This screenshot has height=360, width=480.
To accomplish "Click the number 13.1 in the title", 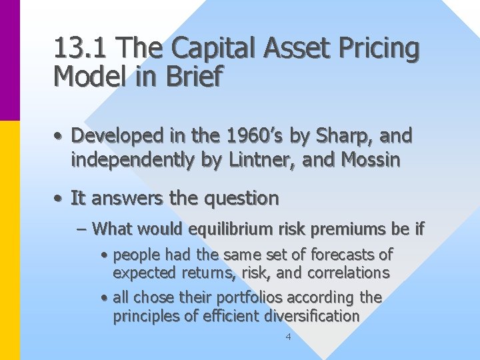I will point(77,48).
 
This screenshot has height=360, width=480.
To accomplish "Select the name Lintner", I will point(287,161).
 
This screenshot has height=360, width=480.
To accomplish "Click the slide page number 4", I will point(288,337).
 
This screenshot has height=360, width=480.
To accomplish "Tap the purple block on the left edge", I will point(9,60).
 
